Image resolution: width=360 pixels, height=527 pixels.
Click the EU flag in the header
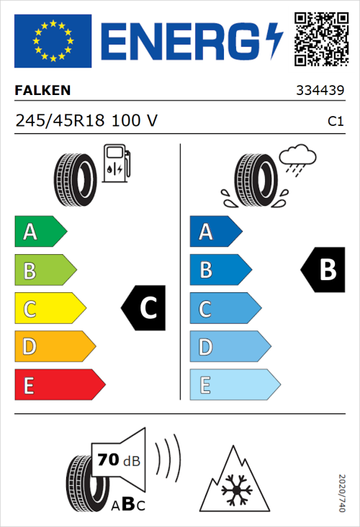click(x=53, y=40)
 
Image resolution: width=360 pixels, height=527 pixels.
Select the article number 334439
click(x=320, y=91)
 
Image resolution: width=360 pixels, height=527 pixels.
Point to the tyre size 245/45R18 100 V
click(x=86, y=121)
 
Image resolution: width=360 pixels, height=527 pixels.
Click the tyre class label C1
click(x=335, y=122)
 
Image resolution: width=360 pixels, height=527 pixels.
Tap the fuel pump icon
click(x=116, y=164)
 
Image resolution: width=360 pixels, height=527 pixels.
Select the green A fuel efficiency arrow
click(x=40, y=232)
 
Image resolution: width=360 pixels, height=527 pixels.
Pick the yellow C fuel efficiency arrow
click(x=49, y=309)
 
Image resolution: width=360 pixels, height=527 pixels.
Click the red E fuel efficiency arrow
click(x=59, y=385)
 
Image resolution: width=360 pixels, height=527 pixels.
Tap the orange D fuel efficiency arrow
click(x=54, y=347)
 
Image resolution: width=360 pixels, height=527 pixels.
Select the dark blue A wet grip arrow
click(x=215, y=232)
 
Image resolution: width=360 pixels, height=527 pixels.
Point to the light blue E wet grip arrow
click(x=234, y=385)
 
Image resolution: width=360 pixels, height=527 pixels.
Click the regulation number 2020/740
click(x=343, y=492)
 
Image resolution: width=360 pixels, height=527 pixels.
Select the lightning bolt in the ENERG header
click(x=274, y=40)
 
